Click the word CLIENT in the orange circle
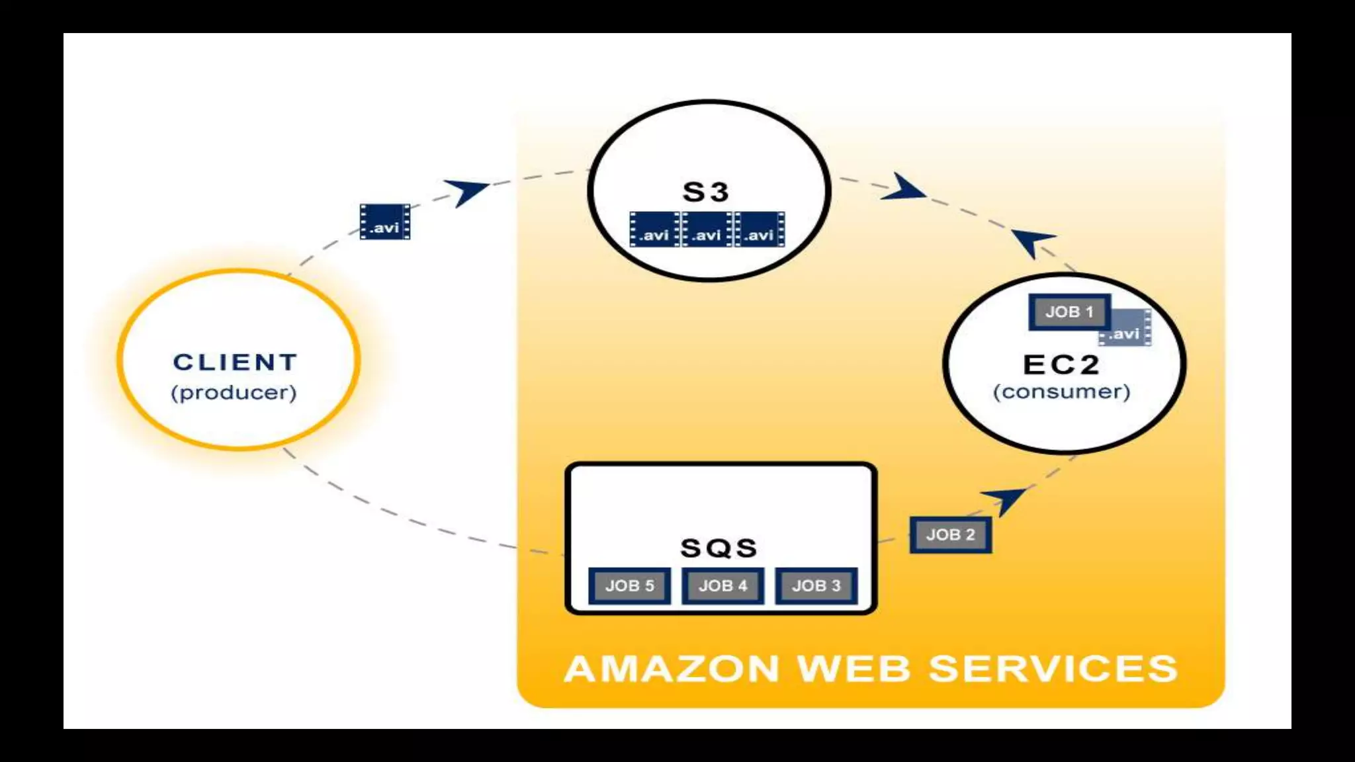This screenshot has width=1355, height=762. [x=235, y=362]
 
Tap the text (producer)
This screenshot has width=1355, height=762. [x=234, y=393]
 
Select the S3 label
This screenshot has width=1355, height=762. [x=706, y=192]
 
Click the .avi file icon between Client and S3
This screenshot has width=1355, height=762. [x=384, y=222]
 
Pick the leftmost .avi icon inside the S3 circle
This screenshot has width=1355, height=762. [x=654, y=230]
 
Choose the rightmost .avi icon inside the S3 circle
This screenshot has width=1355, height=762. [x=760, y=230]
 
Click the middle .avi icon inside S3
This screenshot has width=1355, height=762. [x=707, y=230]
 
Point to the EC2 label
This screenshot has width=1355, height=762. [x=1061, y=364]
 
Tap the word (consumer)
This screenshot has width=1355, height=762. [x=1061, y=392]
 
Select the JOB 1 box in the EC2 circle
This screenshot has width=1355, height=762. [x=1069, y=312]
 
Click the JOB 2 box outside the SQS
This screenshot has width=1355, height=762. [x=950, y=534]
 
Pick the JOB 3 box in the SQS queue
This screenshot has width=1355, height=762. [x=816, y=585]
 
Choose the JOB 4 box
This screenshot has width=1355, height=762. [x=722, y=585]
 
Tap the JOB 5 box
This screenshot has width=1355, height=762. [x=629, y=585]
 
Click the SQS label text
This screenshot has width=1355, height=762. [x=719, y=548]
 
